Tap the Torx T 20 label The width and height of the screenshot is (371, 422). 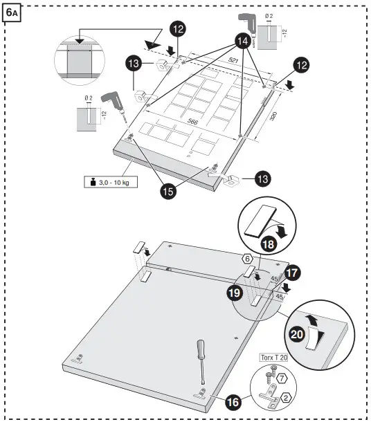click(275, 358)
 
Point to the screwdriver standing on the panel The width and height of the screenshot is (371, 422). click(201, 363)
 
